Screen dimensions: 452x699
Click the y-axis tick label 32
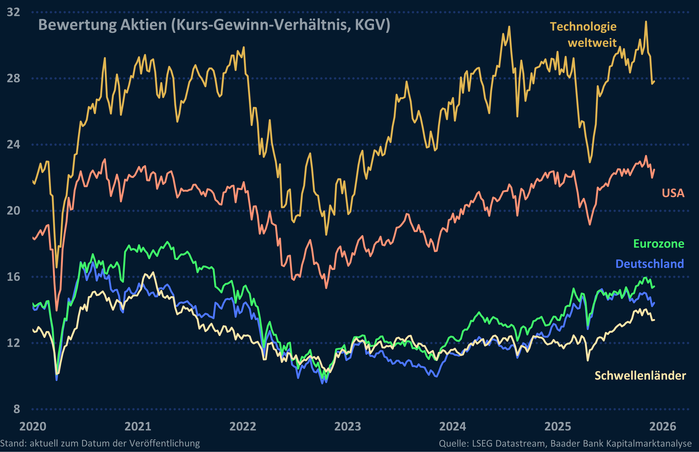click(14, 12)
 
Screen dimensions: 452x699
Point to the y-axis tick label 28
click(14, 78)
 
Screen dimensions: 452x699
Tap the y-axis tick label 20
click(14, 211)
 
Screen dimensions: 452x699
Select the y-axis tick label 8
click(17, 409)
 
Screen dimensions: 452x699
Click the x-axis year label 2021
click(138, 426)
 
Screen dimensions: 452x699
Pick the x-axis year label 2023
click(348, 426)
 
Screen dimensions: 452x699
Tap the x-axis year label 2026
click(663, 426)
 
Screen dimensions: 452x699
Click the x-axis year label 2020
click(33, 426)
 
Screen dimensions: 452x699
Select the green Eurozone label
click(659, 244)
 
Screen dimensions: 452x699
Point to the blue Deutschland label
click(649, 264)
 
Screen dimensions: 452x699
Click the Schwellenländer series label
click(640, 376)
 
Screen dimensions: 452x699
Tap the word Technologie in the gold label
click(583, 27)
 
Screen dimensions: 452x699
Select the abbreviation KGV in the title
click(372, 25)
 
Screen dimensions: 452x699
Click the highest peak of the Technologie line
click(646, 21)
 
